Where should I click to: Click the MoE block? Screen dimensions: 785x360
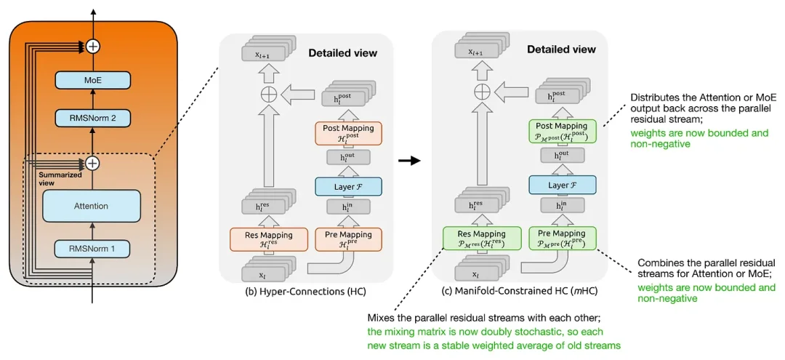coord(92,79)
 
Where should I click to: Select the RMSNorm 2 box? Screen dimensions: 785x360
coord(92,118)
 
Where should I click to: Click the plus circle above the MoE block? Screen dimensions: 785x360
coord(92,47)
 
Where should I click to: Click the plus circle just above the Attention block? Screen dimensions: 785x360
coord(92,162)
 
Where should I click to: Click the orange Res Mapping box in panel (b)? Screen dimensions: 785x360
coord(267,239)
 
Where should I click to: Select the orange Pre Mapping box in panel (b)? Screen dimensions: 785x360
coord(349,239)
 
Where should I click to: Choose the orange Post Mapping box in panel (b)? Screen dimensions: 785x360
coord(349,134)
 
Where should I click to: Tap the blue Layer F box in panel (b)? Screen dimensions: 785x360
coord(348,186)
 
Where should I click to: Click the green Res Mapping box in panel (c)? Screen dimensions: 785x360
coord(480,239)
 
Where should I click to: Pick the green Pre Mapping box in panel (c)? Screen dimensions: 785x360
coord(563,239)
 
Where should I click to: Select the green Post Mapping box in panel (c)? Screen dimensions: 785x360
coord(563,132)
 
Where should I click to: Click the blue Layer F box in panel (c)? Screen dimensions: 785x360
coord(563,185)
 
